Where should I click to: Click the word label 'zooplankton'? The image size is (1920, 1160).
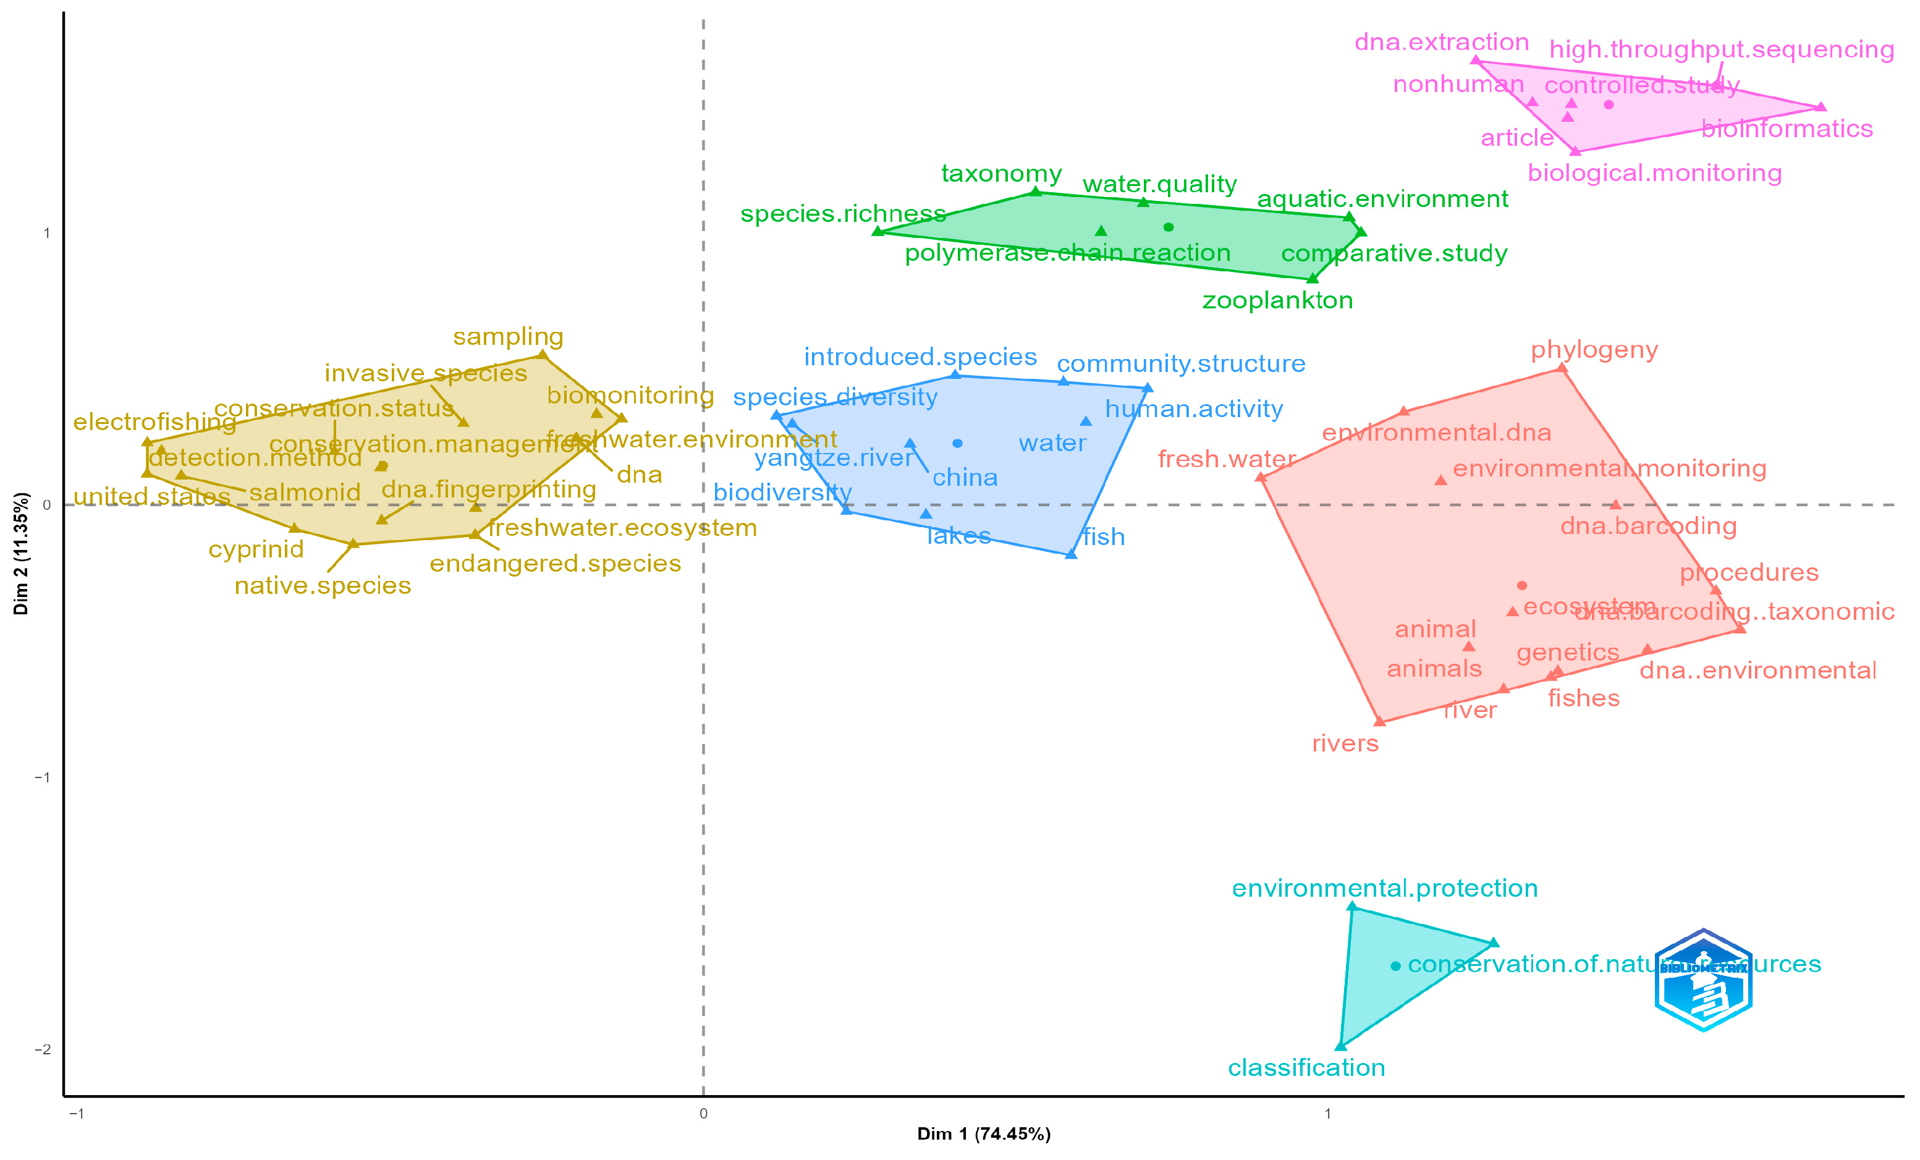pos(1277,301)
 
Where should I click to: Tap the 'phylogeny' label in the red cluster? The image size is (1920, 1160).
pos(1594,350)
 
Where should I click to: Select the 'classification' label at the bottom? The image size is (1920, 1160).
pos(1306,1067)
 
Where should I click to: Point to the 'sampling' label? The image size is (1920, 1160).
pos(508,337)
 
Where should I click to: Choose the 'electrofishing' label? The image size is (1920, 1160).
pos(154,422)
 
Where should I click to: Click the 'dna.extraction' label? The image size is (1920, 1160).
pos(1442,42)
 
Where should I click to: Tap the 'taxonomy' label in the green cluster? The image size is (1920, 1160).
pos(1001,174)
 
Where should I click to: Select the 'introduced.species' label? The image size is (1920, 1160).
pos(920,357)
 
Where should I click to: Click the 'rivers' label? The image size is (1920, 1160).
pos(1345,743)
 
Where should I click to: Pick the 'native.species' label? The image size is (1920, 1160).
pos(323,585)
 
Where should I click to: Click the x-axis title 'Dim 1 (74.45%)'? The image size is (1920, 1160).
pos(983,1133)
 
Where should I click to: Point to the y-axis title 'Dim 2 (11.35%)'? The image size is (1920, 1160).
pos(21,553)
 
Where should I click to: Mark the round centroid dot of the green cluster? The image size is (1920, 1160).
pos(1168,227)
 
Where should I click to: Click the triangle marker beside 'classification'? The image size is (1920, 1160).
pos(1340,1046)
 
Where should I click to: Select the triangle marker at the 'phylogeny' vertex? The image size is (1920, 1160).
pos(1562,368)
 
